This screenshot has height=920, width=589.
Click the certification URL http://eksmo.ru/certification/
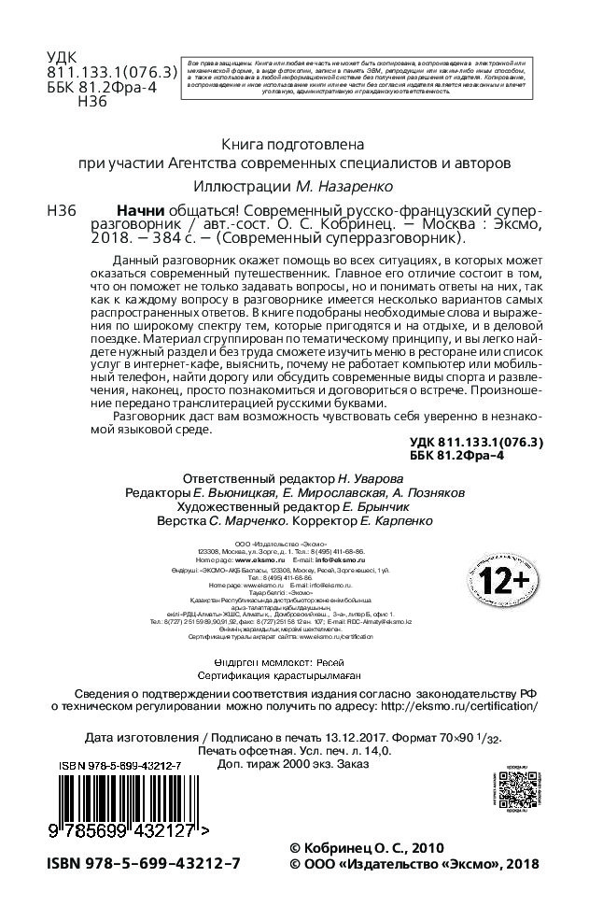(460, 706)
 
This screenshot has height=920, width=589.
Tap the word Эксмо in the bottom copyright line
(467, 864)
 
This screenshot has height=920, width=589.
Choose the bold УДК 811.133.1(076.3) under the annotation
(476, 441)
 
